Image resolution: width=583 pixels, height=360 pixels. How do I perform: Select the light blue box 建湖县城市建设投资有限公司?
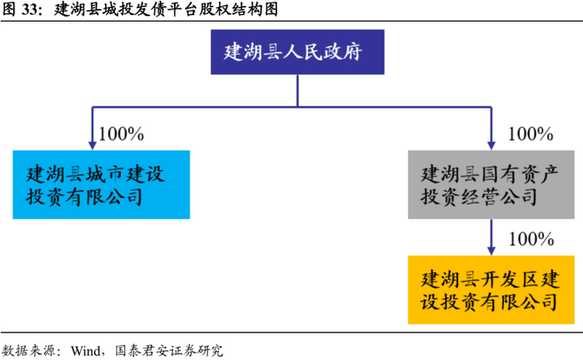[101, 184]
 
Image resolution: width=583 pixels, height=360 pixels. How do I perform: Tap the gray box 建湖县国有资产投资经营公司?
[491, 184]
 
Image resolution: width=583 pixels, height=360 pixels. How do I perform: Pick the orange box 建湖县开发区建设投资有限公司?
[491, 289]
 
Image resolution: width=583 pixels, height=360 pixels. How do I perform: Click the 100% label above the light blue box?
[122, 133]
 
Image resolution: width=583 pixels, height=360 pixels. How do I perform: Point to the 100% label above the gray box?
[531, 133]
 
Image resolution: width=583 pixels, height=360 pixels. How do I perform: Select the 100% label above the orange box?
[531, 239]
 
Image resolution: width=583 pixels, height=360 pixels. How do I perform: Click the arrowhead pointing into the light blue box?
[89, 144]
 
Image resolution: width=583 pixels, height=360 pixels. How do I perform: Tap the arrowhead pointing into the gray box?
[491, 144]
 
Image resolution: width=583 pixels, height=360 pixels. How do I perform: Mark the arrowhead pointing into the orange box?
[491, 249]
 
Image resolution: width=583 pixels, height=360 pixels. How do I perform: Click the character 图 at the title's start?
[8, 10]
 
